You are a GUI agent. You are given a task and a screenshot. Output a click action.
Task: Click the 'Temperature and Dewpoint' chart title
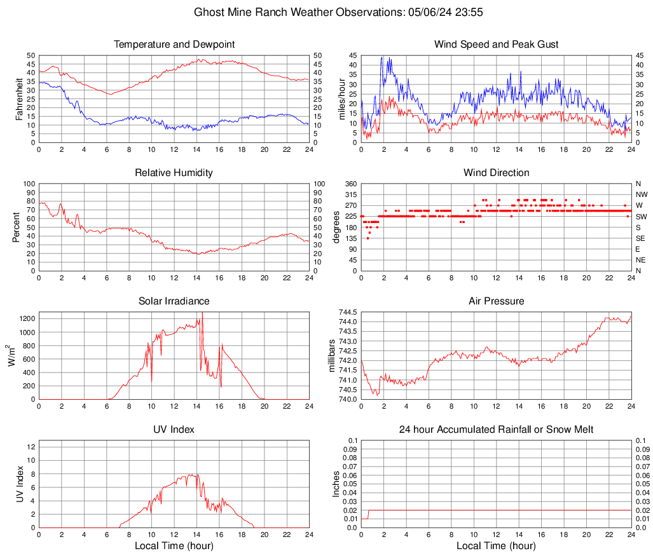(174, 44)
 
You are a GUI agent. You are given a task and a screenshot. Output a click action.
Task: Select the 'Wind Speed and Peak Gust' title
(496, 44)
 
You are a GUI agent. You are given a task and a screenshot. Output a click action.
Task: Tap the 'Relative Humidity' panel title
(174, 173)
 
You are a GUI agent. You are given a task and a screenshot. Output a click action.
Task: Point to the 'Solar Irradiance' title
(174, 301)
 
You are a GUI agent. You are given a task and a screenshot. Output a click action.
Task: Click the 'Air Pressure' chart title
(496, 301)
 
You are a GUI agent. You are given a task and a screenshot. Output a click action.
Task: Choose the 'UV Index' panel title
(174, 430)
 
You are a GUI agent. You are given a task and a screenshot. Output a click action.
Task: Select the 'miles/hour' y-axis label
(341, 99)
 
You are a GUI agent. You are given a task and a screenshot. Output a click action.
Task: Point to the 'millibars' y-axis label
(331, 356)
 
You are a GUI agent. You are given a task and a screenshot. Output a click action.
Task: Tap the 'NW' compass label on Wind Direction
(641, 194)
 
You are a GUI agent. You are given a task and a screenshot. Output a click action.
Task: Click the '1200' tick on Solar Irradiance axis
(27, 316)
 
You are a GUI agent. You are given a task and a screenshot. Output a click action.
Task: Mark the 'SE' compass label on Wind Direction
(641, 238)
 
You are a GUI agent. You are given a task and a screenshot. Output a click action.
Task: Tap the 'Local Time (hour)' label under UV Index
(174, 546)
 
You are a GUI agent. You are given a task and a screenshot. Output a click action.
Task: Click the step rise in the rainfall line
(369, 514)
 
